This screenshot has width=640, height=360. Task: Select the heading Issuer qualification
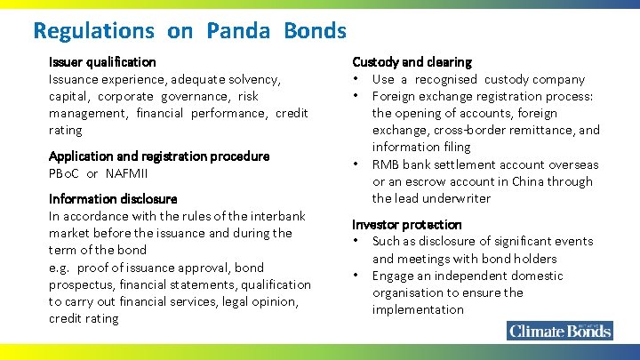tap(102, 62)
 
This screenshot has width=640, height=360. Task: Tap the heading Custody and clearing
tap(412, 62)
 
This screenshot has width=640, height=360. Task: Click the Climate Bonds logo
tap(560, 331)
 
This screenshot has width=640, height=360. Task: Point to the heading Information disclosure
tap(113, 199)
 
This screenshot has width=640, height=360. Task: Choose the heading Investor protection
tap(407, 225)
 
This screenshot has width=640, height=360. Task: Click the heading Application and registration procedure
tap(159, 156)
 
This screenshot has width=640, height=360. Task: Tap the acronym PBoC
tap(64, 172)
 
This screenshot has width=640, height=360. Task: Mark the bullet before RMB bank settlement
tap(356, 164)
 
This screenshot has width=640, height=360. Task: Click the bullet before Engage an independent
tap(356, 276)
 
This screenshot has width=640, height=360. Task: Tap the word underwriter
tap(460, 198)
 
